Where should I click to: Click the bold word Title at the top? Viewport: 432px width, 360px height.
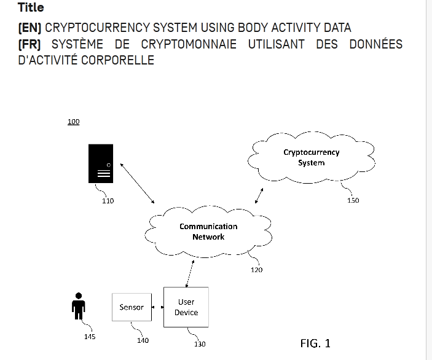click(31, 7)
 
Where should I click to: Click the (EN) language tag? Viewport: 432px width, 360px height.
click(29, 28)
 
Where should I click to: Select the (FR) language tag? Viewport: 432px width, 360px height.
click(29, 44)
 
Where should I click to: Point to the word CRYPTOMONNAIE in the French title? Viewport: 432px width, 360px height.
click(189, 44)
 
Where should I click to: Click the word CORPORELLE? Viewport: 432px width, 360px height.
click(117, 60)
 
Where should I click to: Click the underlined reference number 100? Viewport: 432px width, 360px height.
click(74, 122)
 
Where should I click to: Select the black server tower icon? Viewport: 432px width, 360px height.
click(101, 163)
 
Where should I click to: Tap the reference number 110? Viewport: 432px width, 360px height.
click(108, 201)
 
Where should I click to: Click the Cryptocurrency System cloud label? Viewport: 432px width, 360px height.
click(312, 157)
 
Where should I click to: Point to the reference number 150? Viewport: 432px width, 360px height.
click(353, 200)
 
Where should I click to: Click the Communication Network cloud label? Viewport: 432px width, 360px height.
click(208, 232)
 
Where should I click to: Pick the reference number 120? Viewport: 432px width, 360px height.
click(256, 270)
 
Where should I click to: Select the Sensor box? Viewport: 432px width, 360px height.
click(132, 307)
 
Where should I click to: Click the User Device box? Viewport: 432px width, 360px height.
click(186, 307)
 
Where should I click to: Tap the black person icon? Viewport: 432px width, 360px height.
click(79, 306)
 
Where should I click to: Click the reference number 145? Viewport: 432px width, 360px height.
click(90, 337)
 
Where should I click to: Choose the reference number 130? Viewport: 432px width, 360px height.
click(200, 344)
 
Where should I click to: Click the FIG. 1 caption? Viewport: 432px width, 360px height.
click(315, 343)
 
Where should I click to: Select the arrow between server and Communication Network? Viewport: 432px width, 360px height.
click(137, 183)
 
